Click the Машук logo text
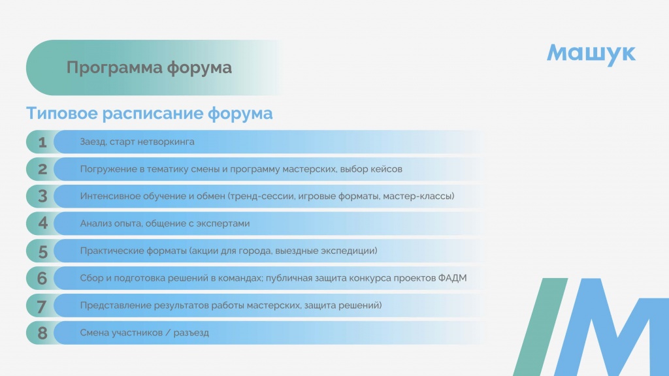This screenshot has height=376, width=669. pos(591,54)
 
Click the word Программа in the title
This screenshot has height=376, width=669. pos(114,68)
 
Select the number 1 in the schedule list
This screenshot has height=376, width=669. pos(42,142)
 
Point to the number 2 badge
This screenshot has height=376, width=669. pos(42,169)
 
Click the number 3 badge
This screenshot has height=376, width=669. pos(42,196)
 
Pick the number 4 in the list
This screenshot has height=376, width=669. pos(42,223)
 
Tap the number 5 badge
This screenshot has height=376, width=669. pos(42,251)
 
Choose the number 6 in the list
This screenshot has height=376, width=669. pos(42,278)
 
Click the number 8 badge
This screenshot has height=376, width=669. pos(42,333)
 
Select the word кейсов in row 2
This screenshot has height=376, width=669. pos(386,169)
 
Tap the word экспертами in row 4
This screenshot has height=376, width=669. pos(223,223)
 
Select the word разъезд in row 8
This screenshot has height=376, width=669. pos(191,333)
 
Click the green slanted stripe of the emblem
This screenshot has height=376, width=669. pos(540,327)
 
